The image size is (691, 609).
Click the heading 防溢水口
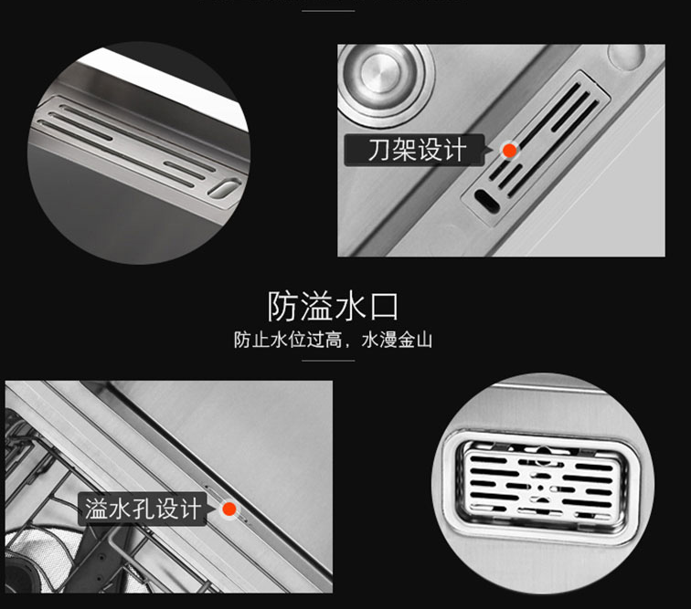coord(332,305)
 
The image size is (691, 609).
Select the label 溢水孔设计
coord(142,509)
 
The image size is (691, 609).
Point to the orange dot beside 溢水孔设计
coord(229,509)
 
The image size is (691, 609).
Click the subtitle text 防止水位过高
coord(288,341)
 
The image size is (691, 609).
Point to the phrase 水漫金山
coord(397,341)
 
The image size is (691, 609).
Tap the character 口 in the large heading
coord(383,305)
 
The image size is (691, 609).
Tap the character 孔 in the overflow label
coord(141,509)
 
